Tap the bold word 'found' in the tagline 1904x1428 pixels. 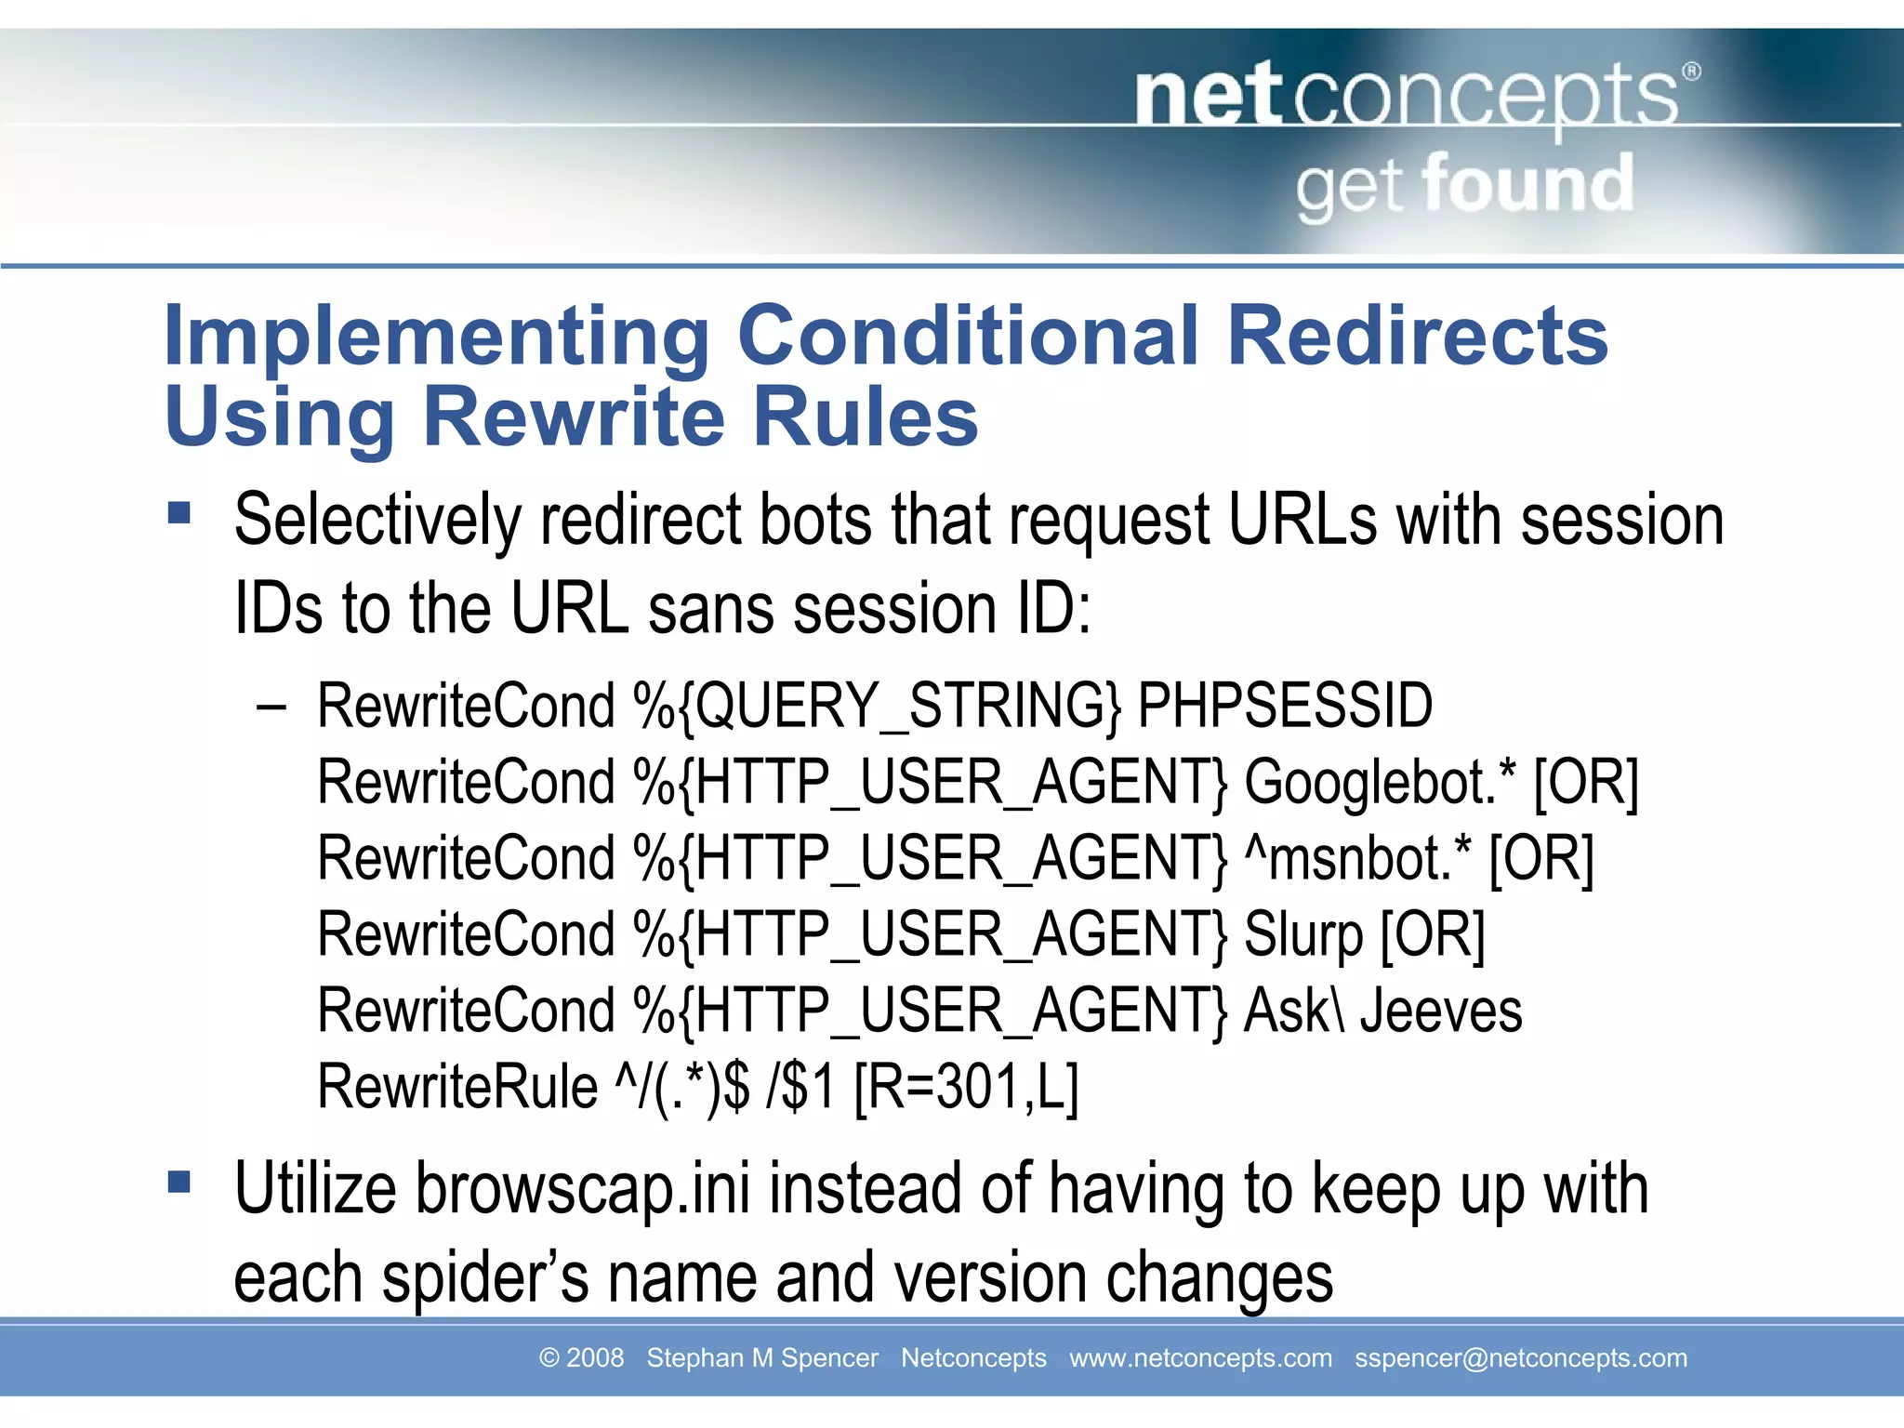(x=1527, y=184)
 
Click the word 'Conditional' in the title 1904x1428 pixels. (x=968, y=336)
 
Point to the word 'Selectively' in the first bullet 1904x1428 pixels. (x=377, y=521)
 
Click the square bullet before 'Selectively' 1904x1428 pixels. (x=178, y=513)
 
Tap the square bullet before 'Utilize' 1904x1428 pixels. (x=178, y=1183)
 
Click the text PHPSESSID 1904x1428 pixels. (x=1285, y=706)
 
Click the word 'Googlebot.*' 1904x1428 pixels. (x=1380, y=782)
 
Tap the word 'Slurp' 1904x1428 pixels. (x=1303, y=934)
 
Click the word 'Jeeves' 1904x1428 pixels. (x=1441, y=1011)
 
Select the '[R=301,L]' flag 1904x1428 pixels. (x=965, y=1087)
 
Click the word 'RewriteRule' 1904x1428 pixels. (x=457, y=1087)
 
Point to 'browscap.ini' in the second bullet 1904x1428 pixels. (x=582, y=1189)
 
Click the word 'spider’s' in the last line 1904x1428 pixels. (x=485, y=1278)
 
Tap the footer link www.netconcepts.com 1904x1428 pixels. (x=1200, y=1358)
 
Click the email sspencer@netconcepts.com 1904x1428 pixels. (x=1520, y=1358)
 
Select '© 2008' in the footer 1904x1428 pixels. (x=581, y=1358)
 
